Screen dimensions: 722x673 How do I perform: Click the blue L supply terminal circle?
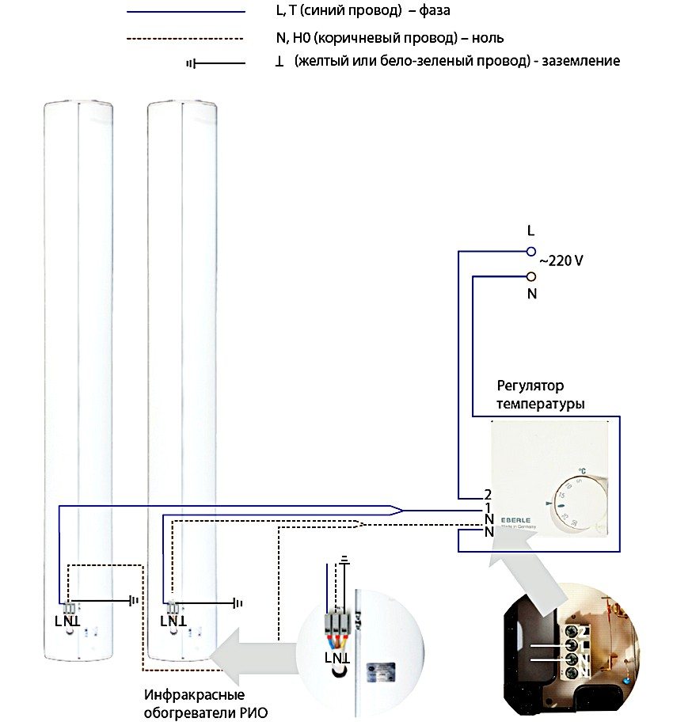pyautogui.click(x=531, y=251)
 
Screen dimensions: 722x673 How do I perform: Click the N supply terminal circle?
pyautogui.click(x=531, y=276)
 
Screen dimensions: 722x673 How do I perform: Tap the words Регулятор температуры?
pyautogui.click(x=541, y=395)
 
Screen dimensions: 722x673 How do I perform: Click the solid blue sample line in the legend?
pyautogui.click(x=185, y=12)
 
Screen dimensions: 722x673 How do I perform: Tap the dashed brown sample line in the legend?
pyautogui.click(x=185, y=37)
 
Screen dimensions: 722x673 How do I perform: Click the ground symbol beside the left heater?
pyautogui.click(x=134, y=601)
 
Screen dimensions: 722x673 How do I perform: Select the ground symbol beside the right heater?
pyautogui.click(x=237, y=603)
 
